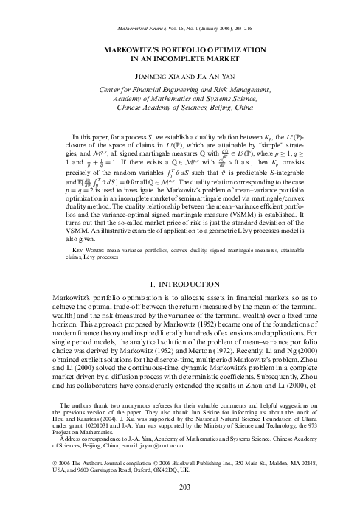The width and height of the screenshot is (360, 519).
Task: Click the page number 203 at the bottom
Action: tap(180, 507)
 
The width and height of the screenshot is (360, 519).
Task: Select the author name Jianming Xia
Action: tap(155, 75)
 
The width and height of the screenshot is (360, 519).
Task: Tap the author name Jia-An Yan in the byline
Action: tap(209, 75)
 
